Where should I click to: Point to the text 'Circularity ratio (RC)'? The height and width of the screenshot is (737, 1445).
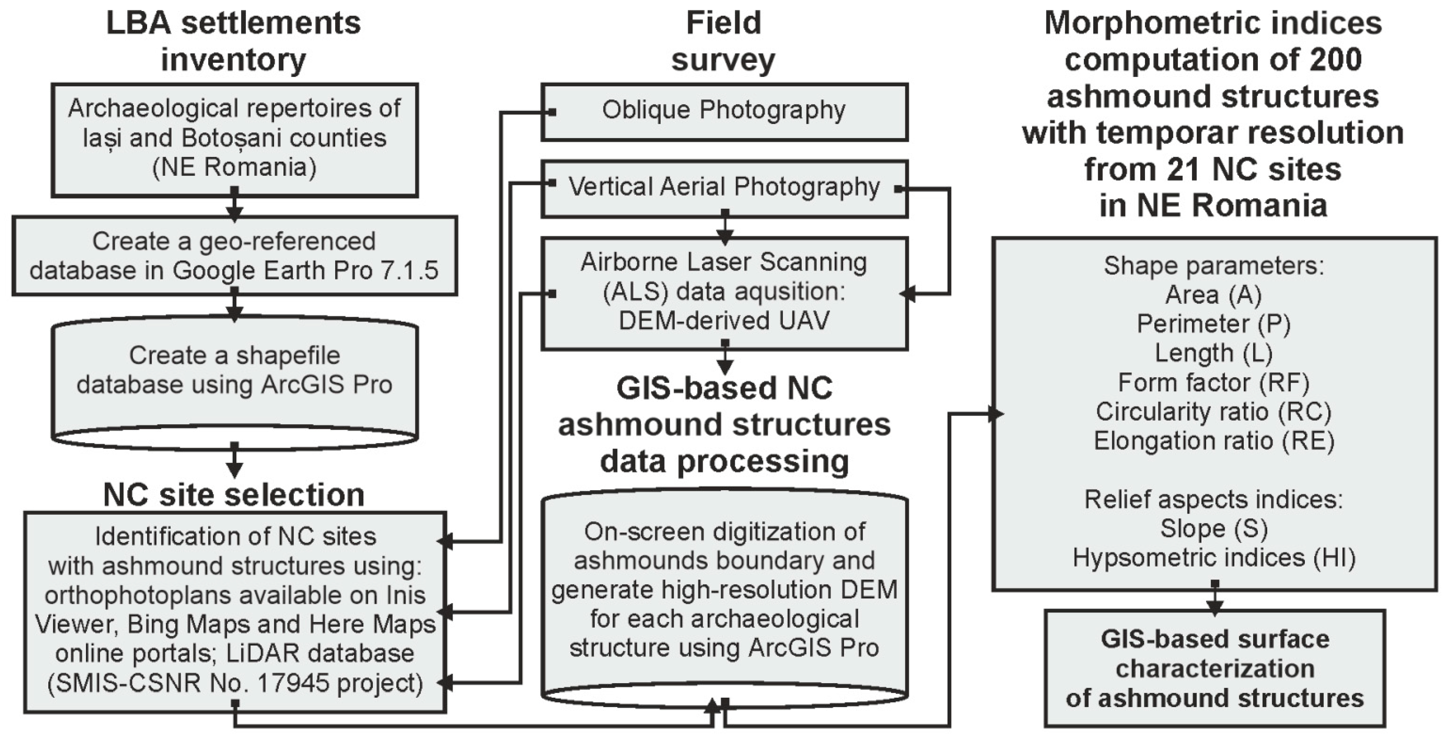tap(1213, 412)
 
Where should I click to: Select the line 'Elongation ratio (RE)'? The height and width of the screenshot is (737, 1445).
tap(1213, 441)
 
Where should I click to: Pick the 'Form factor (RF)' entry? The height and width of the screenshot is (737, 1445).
tap(1213, 382)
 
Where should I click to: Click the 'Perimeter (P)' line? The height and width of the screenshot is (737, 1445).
tap(1213, 324)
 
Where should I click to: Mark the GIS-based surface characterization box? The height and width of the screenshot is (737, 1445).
tap(1214, 669)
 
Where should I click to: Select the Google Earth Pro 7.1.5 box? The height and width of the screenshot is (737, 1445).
tap(234, 256)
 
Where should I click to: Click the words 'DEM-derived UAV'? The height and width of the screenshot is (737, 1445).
tap(724, 321)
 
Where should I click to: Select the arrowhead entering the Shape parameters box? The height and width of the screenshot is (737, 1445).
tap(995, 414)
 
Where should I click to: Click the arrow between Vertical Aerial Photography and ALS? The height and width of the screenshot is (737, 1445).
tap(725, 230)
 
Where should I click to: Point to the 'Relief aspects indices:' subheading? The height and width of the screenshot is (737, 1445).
tap(1213, 499)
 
